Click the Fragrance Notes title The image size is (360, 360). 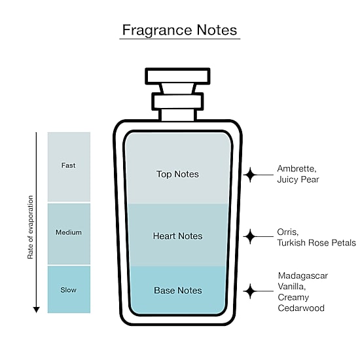(x=179, y=30)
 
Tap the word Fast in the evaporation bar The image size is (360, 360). (x=68, y=166)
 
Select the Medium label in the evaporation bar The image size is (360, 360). (x=69, y=232)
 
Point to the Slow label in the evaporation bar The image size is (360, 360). (x=69, y=290)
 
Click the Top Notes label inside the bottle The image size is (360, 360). (x=177, y=174)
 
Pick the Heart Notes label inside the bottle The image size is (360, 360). (x=177, y=236)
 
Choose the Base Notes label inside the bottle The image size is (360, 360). (x=178, y=291)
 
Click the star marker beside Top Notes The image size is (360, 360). (x=250, y=175)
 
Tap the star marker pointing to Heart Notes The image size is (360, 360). (x=250, y=236)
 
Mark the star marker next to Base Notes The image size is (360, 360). (x=250, y=291)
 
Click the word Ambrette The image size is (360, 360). (x=297, y=169)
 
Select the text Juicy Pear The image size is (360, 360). (x=298, y=179)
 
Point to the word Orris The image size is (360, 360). (x=288, y=232)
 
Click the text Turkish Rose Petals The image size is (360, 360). (x=316, y=243)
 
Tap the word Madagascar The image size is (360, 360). (x=303, y=276)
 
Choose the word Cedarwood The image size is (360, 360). (x=301, y=308)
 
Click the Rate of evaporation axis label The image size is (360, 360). (x=30, y=227)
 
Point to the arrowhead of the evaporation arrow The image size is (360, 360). (x=36, y=310)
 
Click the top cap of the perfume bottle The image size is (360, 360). (x=177, y=76)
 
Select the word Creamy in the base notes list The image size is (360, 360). (x=293, y=298)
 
